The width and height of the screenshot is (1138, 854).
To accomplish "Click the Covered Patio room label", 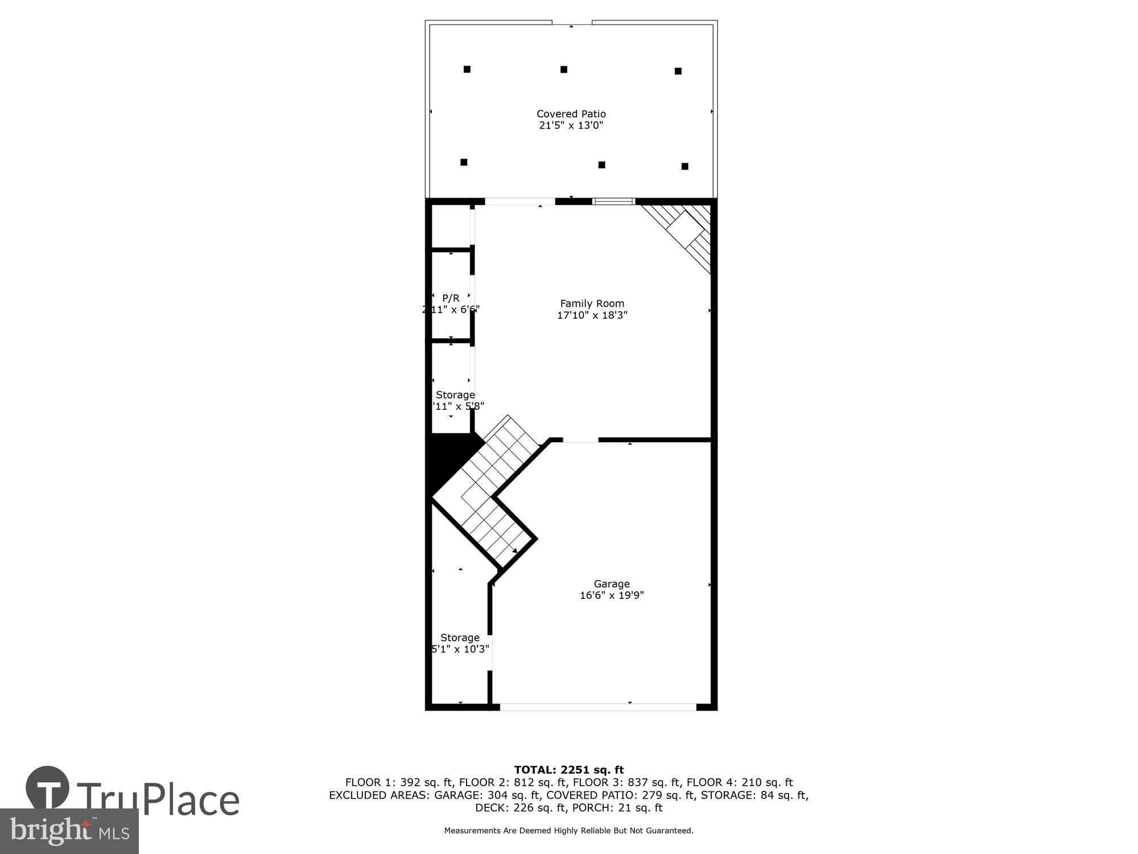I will click(x=571, y=114).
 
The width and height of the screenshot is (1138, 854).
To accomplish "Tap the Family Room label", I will click(x=592, y=303).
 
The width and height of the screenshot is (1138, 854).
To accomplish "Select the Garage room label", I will click(x=611, y=584).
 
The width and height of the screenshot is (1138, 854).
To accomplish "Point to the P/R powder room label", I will click(x=451, y=298).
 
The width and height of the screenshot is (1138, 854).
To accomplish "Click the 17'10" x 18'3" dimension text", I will click(x=592, y=315).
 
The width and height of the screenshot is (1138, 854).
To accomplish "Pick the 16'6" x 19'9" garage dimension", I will click(x=611, y=596).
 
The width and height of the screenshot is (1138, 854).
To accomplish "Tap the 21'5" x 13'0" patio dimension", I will click(x=571, y=126).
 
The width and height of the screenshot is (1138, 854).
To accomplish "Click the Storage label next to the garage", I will click(x=460, y=638).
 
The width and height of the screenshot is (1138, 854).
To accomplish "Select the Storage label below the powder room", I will click(x=455, y=395).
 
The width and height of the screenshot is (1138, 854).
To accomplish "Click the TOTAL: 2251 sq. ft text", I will click(x=569, y=770).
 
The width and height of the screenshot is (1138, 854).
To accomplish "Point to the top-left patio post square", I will click(x=467, y=69).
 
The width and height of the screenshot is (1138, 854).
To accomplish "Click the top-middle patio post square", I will click(x=564, y=69).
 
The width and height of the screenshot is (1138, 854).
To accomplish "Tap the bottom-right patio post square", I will click(x=685, y=166).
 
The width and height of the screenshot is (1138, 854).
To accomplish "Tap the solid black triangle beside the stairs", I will click(x=450, y=458).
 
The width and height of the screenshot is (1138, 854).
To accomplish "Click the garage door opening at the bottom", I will click(x=597, y=707).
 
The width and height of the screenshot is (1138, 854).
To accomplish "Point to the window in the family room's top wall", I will click(x=613, y=202).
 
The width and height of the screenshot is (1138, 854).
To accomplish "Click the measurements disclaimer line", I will click(x=569, y=831).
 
